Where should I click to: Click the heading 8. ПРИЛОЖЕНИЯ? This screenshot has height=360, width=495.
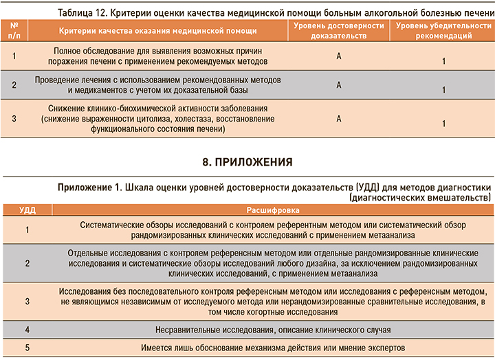click(x=247, y=163)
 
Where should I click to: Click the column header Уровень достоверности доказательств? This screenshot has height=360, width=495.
click(x=339, y=30)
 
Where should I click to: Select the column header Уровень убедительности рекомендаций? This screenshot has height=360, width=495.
click(x=443, y=30)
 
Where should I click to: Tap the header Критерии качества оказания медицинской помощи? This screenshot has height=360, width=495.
click(x=158, y=31)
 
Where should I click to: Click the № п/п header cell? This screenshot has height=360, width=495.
click(x=14, y=30)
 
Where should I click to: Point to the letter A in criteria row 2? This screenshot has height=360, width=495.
click(x=339, y=85)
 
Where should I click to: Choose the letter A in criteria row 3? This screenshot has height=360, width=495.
click(x=339, y=118)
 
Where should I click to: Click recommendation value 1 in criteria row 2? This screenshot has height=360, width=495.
click(x=444, y=89)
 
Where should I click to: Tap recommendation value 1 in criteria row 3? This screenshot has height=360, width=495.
click(x=444, y=123)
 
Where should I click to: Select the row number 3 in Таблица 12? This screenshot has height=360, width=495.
click(x=14, y=118)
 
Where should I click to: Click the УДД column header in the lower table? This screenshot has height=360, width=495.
click(x=27, y=210)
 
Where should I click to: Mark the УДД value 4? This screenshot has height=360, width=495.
click(x=27, y=330)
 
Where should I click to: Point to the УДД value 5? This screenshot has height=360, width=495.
click(x=27, y=348)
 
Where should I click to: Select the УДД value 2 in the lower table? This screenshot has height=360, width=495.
click(x=27, y=263)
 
